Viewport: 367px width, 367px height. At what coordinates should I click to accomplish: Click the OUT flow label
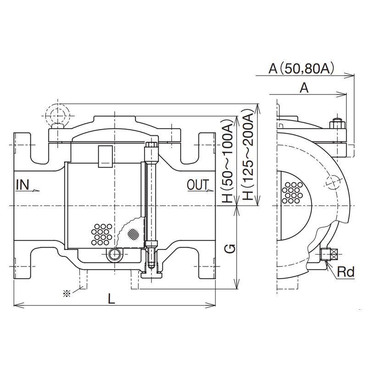coord(198,185)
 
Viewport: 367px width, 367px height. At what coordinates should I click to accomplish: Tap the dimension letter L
coord(111,298)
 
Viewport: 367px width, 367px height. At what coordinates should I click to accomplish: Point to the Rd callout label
coord(345,272)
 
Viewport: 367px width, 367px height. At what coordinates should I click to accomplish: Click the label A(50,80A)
coord(301,69)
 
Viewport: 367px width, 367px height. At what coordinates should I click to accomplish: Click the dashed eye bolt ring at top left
coord(56,113)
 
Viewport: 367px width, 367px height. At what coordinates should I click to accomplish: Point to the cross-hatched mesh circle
coord(133,234)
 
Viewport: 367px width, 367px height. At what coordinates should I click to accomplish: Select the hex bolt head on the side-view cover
coord(336,123)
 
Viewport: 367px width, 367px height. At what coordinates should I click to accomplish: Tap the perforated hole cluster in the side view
coord(292,192)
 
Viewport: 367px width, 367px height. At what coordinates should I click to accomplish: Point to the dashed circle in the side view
coord(331,182)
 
